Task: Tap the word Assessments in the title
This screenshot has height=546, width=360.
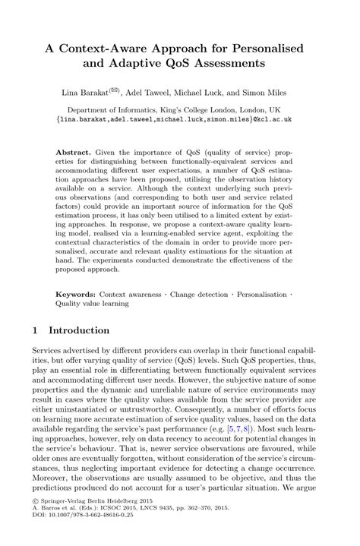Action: [x=242, y=65]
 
